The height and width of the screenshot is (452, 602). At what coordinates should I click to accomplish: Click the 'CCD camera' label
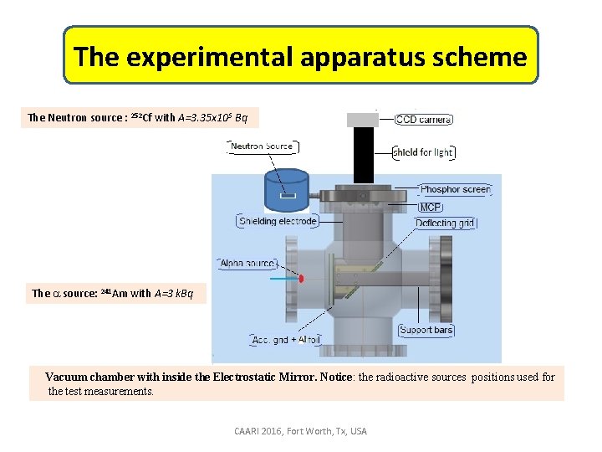(x=423, y=120)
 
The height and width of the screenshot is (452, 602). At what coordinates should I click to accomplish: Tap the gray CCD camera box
(x=363, y=119)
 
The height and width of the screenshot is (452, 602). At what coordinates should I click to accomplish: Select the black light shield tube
(x=363, y=155)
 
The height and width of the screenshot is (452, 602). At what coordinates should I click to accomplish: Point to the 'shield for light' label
(x=424, y=152)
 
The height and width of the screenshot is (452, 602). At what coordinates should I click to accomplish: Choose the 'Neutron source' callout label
(x=261, y=146)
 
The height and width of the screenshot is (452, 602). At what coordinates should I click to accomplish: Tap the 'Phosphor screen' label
(x=455, y=190)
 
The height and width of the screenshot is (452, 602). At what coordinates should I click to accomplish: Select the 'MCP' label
(x=431, y=207)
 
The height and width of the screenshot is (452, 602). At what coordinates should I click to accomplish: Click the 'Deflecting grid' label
(x=446, y=223)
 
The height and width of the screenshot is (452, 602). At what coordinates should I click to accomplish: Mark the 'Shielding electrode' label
(x=278, y=222)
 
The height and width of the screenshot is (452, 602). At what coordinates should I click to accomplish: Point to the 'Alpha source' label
(x=247, y=263)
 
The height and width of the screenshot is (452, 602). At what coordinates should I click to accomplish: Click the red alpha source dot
(x=302, y=277)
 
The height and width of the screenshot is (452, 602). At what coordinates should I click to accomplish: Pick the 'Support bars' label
(x=426, y=330)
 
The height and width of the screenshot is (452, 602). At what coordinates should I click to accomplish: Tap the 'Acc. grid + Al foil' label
(x=285, y=340)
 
